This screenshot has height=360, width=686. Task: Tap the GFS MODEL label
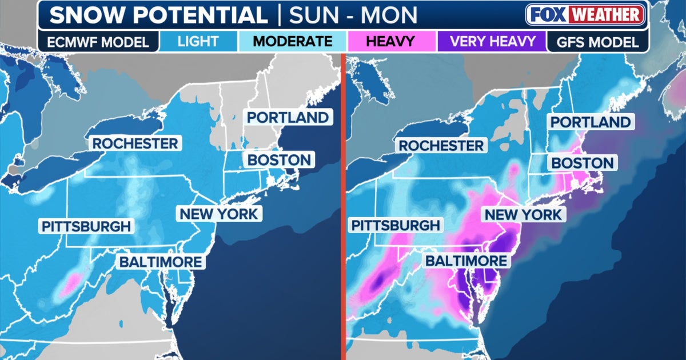pyautogui.click(x=597, y=42)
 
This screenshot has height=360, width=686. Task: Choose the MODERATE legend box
pyautogui.click(x=293, y=42)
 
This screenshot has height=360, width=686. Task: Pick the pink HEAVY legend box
pyautogui.click(x=392, y=42)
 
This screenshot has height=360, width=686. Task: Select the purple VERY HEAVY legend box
pyautogui.click(x=492, y=42)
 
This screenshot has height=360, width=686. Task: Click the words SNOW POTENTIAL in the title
pyautogui.click(x=158, y=15)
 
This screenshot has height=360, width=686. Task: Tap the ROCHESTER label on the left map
pyautogui.click(x=135, y=143)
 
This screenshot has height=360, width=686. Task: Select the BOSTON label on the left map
pyautogui.click(x=279, y=160)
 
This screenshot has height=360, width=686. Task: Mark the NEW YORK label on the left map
pyautogui.click(x=219, y=214)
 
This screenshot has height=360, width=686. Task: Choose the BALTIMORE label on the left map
pyautogui.click(x=160, y=262)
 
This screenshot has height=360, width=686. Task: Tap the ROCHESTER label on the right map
pyautogui.click(x=441, y=145)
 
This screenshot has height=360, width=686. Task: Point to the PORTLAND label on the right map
pyautogui.click(x=589, y=122)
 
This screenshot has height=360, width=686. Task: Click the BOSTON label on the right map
pyautogui.click(x=581, y=163)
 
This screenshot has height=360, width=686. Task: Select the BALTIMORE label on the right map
pyautogui.click(x=465, y=261)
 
